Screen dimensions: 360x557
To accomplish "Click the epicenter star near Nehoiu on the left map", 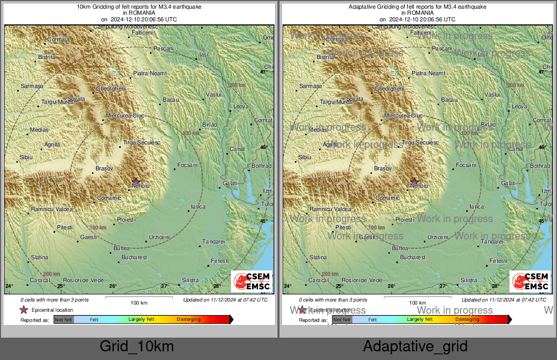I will click(136, 181).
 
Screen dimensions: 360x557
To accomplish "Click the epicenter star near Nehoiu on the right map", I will click(414, 182).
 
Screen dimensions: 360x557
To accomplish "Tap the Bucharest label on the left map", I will click(134, 257).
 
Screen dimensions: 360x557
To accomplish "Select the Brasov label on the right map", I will click(383, 168).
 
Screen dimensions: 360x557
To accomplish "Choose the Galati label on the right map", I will click(508, 183).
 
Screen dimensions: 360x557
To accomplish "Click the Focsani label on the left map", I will click(187, 165).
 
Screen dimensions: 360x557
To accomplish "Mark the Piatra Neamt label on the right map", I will click(428, 73).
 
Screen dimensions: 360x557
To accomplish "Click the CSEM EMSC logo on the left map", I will click(251, 282).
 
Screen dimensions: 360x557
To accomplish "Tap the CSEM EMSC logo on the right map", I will click(530, 282).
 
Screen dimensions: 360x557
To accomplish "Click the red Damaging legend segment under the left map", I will click(203, 319).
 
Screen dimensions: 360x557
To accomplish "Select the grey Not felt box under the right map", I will click(342, 319).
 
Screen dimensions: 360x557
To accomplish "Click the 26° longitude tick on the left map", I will click(113, 286).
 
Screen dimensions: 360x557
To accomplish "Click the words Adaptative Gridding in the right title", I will click(376, 7).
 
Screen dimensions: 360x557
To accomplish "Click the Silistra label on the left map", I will click(190, 280).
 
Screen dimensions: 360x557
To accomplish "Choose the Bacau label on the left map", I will click(171, 100).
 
